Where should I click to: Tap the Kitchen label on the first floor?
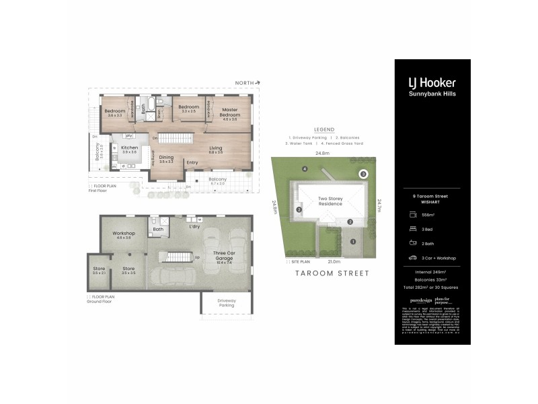(x=129, y=149)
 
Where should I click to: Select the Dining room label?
(x=165, y=159)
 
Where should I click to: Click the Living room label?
(x=216, y=149)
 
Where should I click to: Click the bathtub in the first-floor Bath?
(x=151, y=104)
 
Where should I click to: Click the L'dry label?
(x=194, y=226)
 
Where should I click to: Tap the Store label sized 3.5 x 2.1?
(x=99, y=271)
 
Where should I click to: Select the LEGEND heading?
(x=325, y=129)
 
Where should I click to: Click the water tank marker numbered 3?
(x=364, y=174)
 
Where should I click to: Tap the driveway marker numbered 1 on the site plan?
(x=352, y=242)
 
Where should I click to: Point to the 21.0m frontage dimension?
(x=333, y=261)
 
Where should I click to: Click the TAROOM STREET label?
(x=333, y=273)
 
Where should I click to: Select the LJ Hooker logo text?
(x=432, y=83)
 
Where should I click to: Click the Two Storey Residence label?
(x=330, y=201)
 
